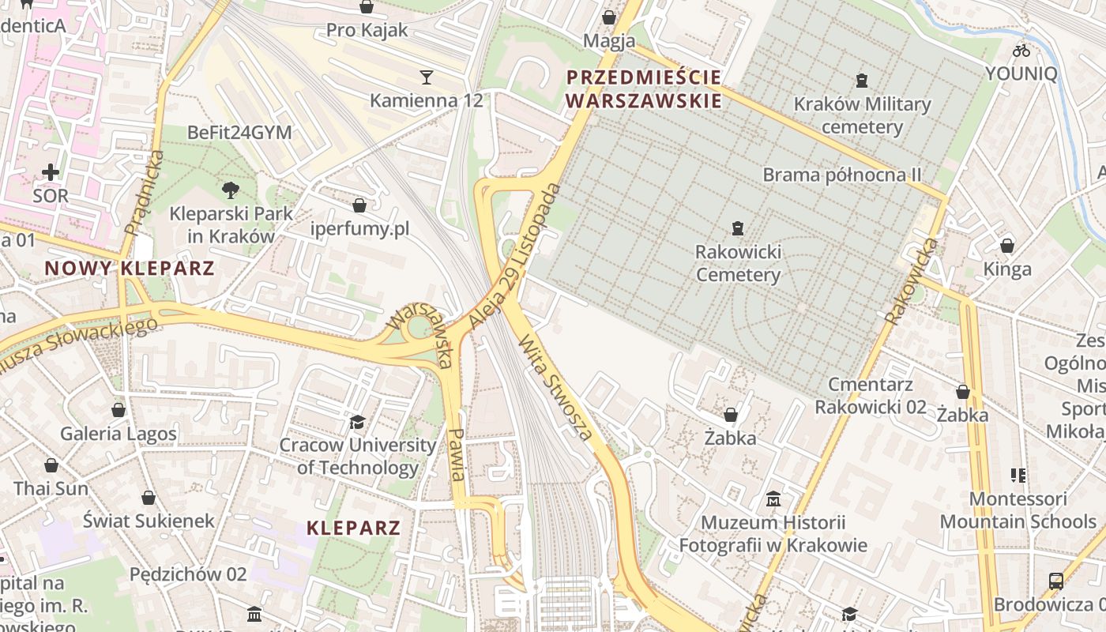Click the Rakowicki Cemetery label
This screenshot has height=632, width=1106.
[738, 264]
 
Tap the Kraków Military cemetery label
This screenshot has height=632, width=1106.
[862, 115]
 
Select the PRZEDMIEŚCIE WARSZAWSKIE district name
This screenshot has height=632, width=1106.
[644, 89]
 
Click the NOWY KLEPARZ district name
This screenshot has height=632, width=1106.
[130, 268]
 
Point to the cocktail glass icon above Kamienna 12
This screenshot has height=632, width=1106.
[427, 77]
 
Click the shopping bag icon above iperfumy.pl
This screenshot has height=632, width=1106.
[359, 205]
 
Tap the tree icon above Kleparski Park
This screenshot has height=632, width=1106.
[231, 190]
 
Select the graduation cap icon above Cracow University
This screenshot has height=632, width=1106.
[358, 422]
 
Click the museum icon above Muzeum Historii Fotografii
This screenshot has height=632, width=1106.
[773, 499]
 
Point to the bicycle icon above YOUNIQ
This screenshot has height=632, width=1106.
[1021, 51]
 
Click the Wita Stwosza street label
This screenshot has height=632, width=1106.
[555, 387]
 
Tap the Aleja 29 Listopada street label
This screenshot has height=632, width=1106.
[514, 257]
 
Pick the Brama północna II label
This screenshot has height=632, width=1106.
[842, 175]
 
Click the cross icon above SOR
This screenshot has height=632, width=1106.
[51, 172]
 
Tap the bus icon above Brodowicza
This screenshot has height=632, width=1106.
[1055, 581]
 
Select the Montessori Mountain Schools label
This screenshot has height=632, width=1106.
[1018, 510]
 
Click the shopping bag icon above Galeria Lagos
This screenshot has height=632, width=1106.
[118, 410]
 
